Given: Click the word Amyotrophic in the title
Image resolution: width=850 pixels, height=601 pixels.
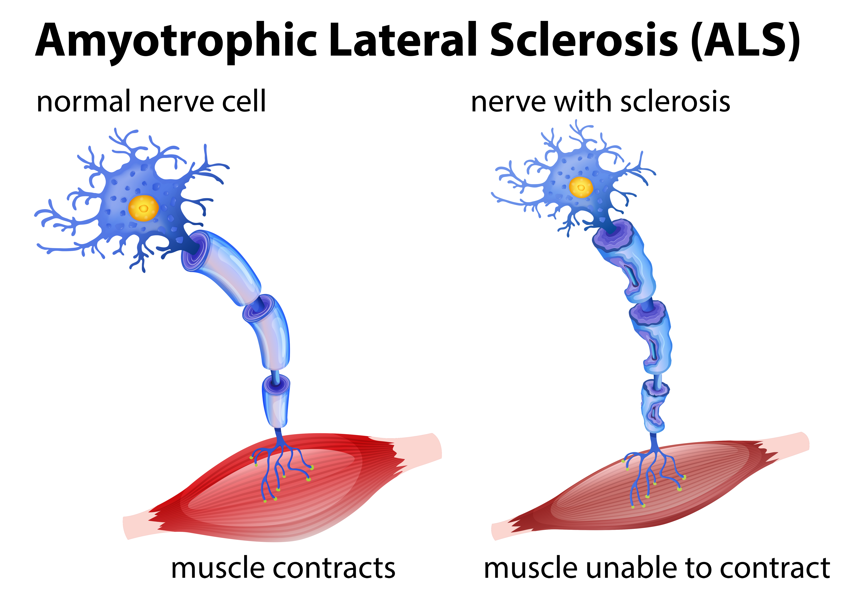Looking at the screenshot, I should pyautogui.click(x=176, y=41).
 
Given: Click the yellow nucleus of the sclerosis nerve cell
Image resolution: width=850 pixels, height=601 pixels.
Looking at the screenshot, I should pyautogui.click(x=581, y=187).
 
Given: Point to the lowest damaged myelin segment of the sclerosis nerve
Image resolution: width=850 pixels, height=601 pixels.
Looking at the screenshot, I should pyautogui.click(x=654, y=407).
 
